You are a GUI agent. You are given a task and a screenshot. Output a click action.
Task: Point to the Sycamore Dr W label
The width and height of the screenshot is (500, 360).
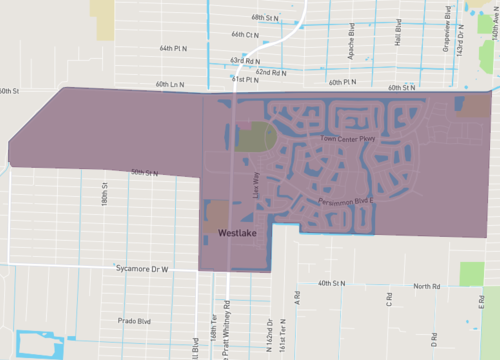click(x=144, y=270)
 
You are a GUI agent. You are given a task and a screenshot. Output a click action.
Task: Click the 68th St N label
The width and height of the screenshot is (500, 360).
click(x=265, y=18)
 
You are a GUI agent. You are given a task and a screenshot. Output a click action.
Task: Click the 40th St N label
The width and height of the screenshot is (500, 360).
click(x=331, y=284)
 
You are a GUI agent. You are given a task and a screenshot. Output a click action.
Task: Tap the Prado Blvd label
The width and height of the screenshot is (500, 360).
click(x=133, y=321)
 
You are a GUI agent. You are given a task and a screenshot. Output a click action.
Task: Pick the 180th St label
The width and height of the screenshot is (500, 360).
click(x=104, y=191)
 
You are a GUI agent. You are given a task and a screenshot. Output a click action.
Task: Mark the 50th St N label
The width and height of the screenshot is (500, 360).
click(x=144, y=172)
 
